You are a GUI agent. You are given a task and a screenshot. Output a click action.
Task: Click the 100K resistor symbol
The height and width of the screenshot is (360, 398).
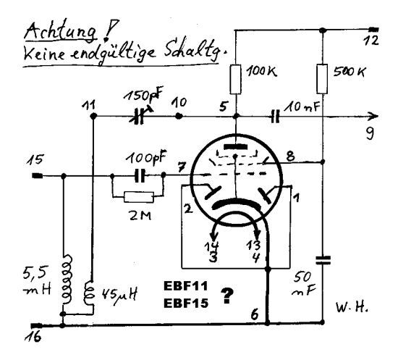point(235,79)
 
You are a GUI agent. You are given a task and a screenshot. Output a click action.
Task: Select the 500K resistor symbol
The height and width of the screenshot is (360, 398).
point(322,79)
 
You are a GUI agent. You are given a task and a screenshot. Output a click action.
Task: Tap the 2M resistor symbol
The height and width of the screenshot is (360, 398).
point(139,197)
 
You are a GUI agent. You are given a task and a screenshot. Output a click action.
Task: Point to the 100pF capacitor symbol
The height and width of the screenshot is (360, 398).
point(140,175)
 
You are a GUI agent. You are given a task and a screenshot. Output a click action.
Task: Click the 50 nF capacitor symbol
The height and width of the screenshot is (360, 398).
point(323,260)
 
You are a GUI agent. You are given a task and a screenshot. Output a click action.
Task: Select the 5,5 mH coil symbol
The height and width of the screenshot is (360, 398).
point(67,279)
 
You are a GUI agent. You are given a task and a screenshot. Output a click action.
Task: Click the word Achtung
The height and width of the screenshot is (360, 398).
point(61,32)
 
